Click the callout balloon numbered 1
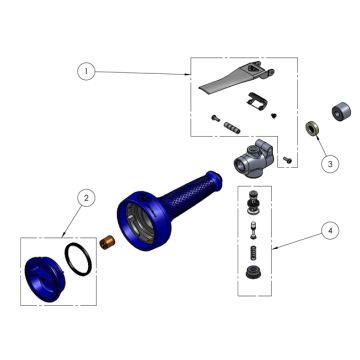87,72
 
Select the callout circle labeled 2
87,198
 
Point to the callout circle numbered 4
326,230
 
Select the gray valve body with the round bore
254,155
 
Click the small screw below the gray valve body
287,160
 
